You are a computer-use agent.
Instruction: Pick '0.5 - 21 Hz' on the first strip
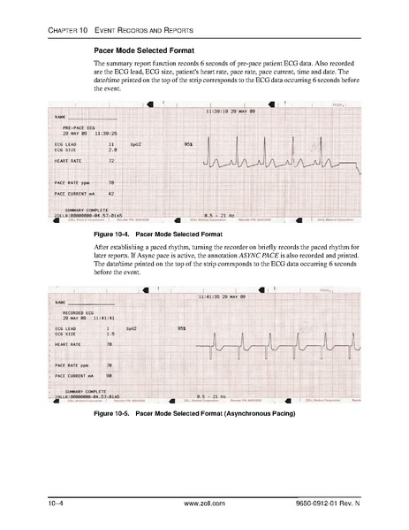[x=219, y=214]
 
